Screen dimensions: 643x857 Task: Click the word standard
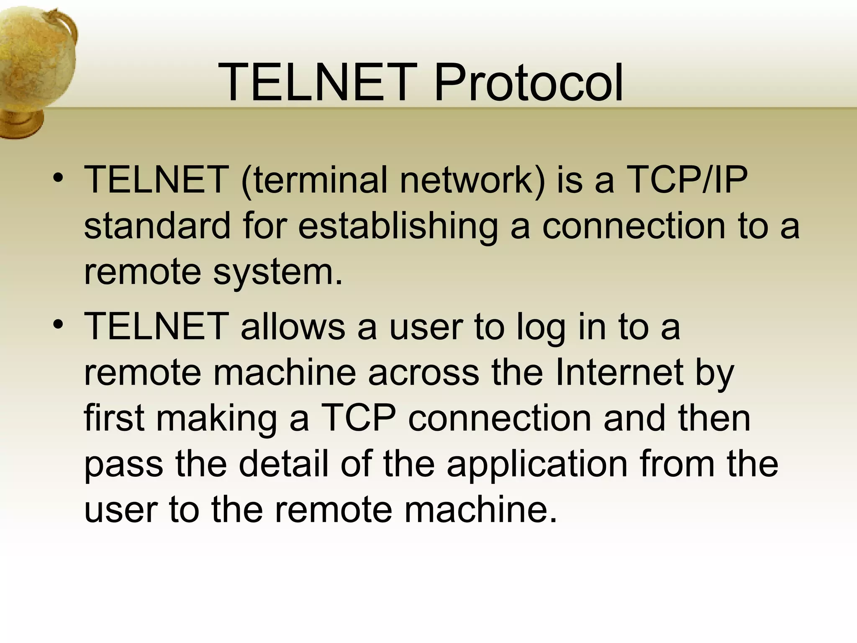157,226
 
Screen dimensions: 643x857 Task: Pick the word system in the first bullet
278,272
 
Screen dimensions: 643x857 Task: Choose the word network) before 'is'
472,180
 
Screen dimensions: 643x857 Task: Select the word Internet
619,373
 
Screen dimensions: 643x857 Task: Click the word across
423,373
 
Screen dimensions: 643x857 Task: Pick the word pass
123,465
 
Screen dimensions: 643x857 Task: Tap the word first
114,419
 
